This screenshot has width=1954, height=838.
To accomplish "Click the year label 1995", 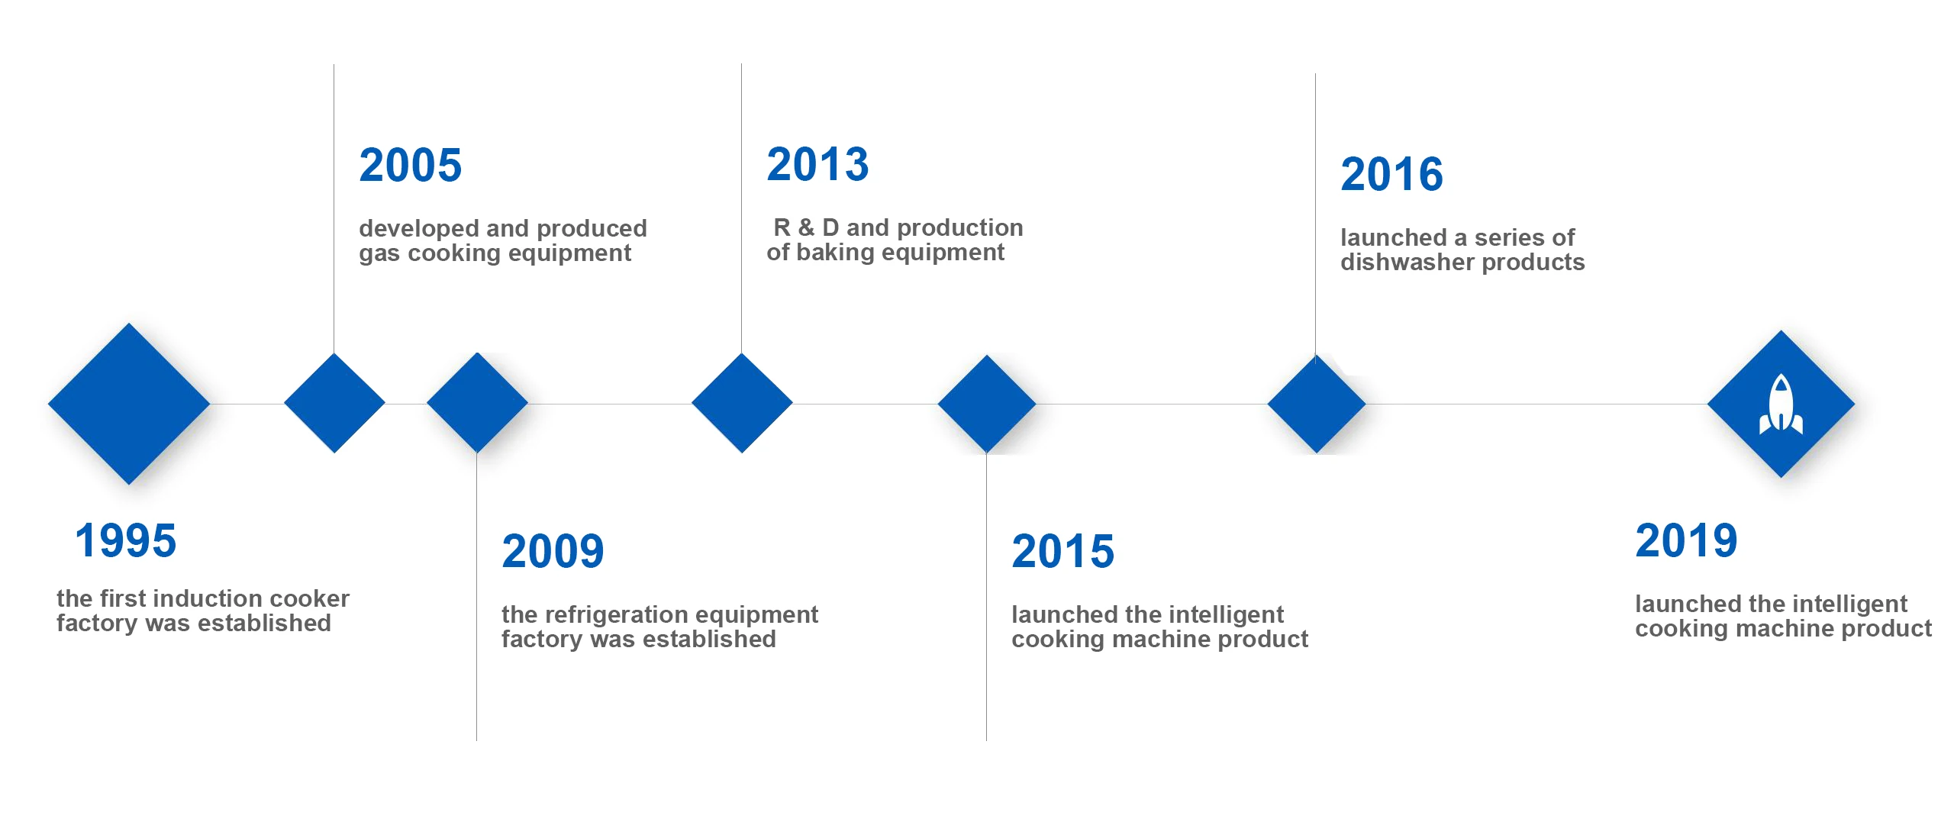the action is click(126, 540).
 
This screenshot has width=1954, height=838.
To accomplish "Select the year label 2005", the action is click(411, 165).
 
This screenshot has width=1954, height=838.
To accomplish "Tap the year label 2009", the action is click(553, 551).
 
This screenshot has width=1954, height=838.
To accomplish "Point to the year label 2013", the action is click(817, 164).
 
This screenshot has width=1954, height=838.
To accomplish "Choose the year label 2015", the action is click(1062, 551).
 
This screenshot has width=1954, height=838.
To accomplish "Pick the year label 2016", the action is click(1391, 174).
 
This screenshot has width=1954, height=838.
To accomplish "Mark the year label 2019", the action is click(1686, 540).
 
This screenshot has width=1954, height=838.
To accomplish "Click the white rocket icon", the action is click(1781, 404).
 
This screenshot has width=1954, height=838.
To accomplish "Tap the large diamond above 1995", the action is click(129, 404).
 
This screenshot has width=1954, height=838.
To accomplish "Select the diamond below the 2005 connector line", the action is click(334, 403).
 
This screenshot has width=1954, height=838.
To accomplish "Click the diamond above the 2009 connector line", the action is click(477, 403).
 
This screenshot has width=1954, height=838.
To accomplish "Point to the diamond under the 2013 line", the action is click(742, 403).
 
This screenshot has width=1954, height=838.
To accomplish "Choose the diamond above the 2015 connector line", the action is click(987, 404).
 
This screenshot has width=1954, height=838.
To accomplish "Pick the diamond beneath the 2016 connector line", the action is click(1317, 404).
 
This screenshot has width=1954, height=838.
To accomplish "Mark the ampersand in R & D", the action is click(807, 227).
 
